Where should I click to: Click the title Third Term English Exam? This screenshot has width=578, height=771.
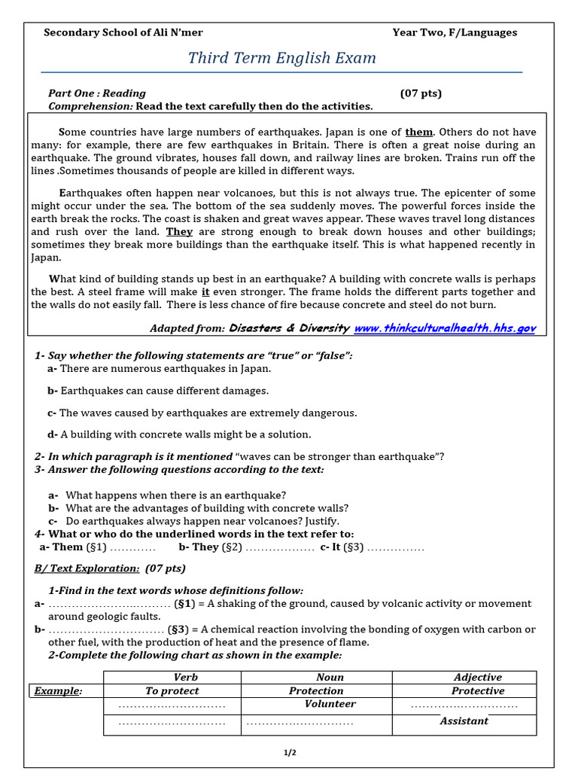click(281, 58)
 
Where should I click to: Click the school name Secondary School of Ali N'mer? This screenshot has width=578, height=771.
click(123, 32)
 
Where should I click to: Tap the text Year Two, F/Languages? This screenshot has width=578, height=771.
click(455, 32)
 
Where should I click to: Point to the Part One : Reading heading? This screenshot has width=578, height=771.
click(97, 93)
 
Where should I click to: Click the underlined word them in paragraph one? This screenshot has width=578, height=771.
click(419, 132)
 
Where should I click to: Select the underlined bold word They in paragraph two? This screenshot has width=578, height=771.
click(179, 232)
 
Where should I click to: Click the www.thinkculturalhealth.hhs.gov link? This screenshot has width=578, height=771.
click(445, 328)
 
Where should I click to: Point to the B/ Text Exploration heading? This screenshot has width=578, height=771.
click(110, 568)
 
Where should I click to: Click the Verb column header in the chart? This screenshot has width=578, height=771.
click(185, 678)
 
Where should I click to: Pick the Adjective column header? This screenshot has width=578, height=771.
click(478, 678)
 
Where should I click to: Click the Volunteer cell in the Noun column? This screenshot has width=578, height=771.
click(330, 704)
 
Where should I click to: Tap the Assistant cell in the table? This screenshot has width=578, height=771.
click(464, 721)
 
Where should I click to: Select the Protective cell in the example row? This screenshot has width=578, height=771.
click(478, 690)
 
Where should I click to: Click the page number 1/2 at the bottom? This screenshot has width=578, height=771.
click(290, 751)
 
